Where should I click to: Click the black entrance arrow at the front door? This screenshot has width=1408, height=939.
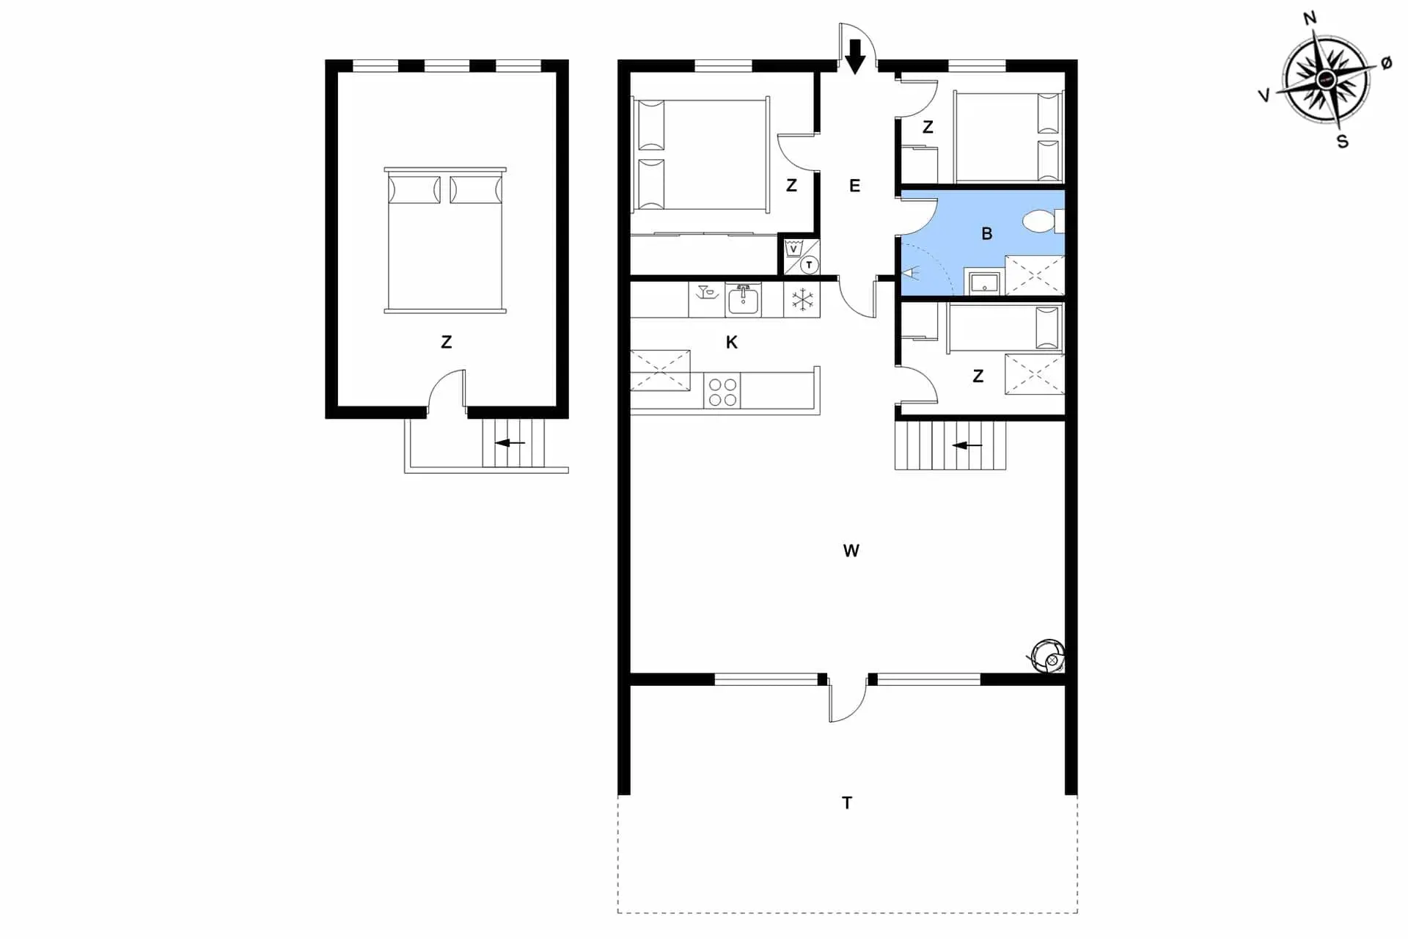click(854, 56)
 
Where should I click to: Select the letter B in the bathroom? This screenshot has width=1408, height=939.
click(986, 234)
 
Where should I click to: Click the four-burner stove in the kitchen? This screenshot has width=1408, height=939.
click(722, 391)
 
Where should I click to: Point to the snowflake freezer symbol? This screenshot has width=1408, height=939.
click(802, 300)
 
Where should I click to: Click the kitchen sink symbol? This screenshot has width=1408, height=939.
click(743, 300)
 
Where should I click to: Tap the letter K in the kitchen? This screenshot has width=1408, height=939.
click(731, 343)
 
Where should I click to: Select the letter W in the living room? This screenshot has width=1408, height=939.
click(851, 551)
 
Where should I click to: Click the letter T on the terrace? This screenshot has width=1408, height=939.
click(847, 803)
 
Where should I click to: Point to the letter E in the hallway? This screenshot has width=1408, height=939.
click(854, 186)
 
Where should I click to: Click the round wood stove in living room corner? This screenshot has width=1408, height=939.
click(1047, 657)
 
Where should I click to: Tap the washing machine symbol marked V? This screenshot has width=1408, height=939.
click(793, 249)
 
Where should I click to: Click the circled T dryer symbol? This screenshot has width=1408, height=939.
click(809, 265)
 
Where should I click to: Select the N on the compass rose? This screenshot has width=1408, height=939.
click(1310, 18)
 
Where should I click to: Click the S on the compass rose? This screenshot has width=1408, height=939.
click(1342, 142)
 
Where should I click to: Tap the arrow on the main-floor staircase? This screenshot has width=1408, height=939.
click(967, 445)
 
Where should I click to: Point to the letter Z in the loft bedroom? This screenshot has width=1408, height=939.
click(446, 342)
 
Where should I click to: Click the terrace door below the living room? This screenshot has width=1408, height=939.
click(848, 701)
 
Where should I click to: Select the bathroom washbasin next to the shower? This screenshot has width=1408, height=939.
click(983, 282)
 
